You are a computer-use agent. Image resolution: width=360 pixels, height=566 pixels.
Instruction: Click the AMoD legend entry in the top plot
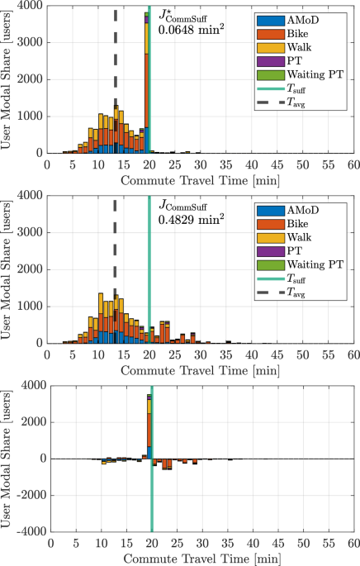pyautogui.click(x=306, y=18)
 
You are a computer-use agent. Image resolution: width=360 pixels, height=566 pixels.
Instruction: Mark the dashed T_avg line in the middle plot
pyautogui.click(x=115, y=248)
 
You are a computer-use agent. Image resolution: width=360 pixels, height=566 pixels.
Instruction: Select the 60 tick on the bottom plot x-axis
pyautogui.click(x=353, y=543)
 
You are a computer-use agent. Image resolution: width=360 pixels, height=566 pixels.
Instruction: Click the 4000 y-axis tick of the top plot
pyautogui.click(x=33, y=7)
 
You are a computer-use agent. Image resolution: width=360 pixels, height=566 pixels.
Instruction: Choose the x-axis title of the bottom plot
pyautogui.click(x=201, y=558)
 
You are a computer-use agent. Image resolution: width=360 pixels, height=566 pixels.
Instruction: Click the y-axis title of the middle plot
pyautogui.click(x=8, y=268)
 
